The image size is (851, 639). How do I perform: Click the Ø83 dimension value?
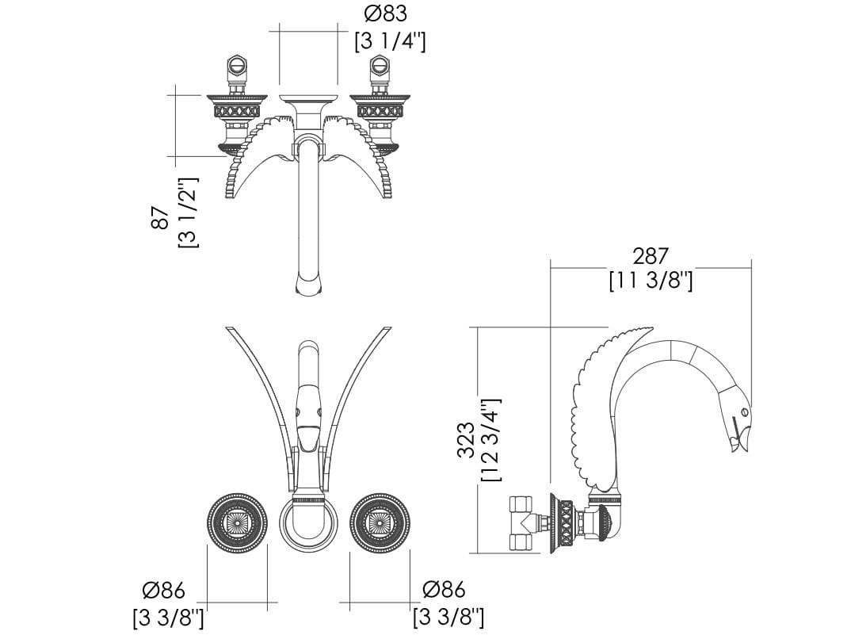(x=386, y=13)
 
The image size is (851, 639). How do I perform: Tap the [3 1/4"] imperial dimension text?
(x=390, y=41)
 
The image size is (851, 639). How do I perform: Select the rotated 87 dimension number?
(x=161, y=217)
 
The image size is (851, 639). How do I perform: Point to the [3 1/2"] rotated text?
(x=189, y=212)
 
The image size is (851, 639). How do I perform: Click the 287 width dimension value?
(x=651, y=256)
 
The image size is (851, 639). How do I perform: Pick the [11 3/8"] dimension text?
(x=651, y=281)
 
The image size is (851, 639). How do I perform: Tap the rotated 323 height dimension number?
(x=466, y=440)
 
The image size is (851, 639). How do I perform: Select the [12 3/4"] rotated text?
(x=491, y=440)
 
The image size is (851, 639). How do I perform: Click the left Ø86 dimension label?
(x=164, y=590)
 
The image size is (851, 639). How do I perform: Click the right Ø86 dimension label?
(x=444, y=589)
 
